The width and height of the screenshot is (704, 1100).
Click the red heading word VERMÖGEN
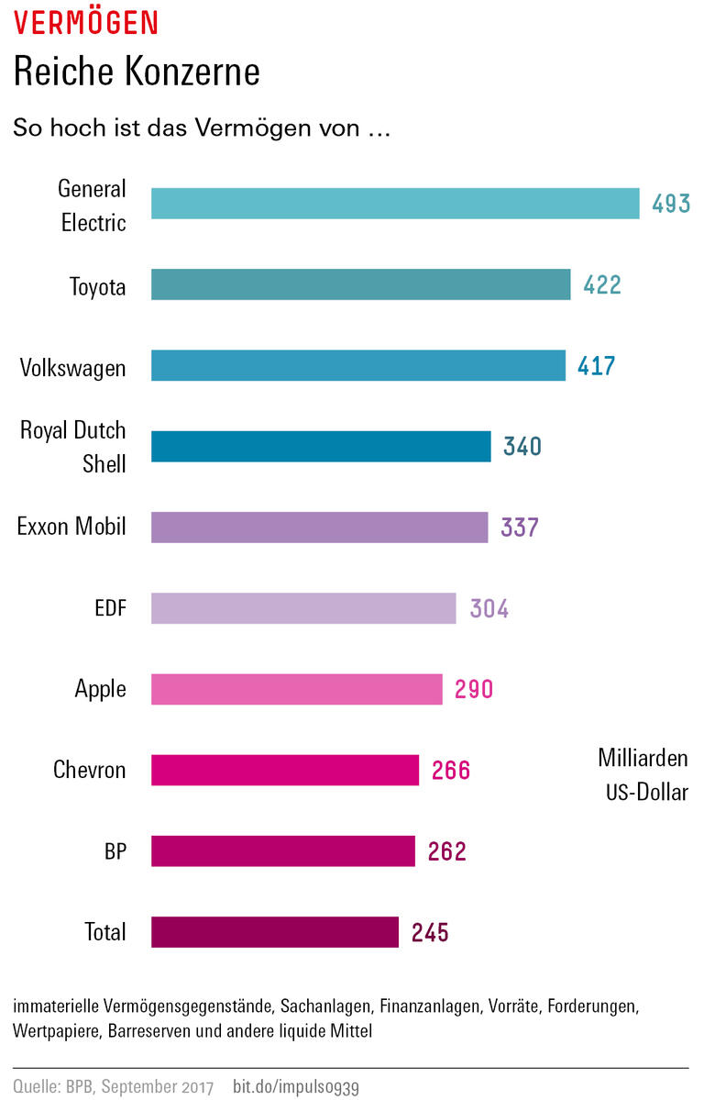(86, 24)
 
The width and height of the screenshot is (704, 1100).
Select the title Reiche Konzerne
(137, 72)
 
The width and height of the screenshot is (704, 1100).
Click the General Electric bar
(394, 204)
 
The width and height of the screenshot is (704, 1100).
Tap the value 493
(671, 204)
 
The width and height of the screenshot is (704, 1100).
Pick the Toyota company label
(97, 287)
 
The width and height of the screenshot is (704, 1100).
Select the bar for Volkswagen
(357, 365)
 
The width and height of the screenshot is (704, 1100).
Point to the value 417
(597, 366)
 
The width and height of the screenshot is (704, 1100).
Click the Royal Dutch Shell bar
(320, 446)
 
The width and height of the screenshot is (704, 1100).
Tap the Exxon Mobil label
(71, 527)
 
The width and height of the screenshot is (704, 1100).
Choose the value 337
(520, 528)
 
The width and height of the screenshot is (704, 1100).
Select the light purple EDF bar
(302, 608)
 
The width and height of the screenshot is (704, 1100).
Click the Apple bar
(296, 689)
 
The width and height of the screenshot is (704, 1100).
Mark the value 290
(474, 689)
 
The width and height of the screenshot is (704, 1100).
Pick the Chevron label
(89, 769)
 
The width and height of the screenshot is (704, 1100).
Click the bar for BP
(282, 850)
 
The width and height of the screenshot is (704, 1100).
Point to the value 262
(447, 851)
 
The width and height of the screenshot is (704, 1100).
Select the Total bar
(274, 932)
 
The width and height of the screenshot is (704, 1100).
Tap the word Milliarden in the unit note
(643, 759)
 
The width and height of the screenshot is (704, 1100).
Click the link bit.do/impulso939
(296, 1087)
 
